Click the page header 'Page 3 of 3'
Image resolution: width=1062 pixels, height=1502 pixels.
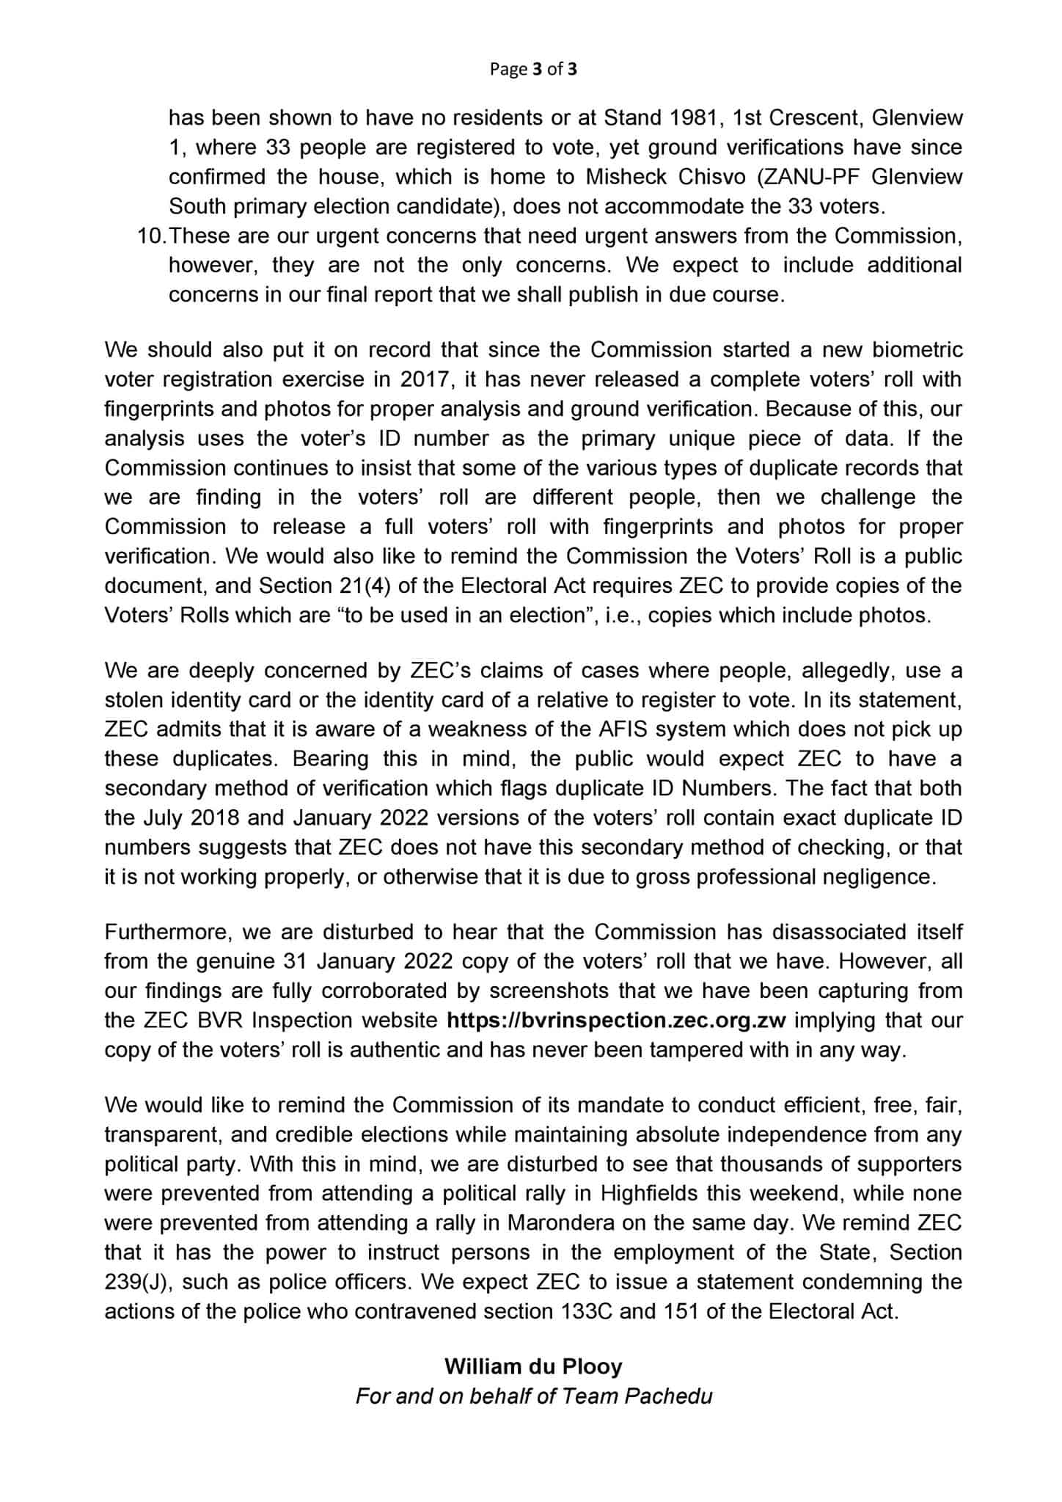tap(533, 69)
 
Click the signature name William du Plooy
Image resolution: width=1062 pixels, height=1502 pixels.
tap(533, 1366)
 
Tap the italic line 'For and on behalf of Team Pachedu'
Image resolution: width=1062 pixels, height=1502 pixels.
tap(533, 1396)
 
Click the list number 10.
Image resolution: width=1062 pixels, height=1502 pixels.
tap(152, 236)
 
